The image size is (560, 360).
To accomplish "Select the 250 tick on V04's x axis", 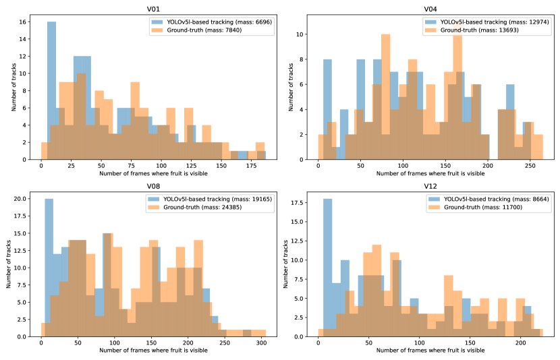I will click(x=530, y=165).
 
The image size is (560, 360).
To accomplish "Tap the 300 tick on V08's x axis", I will click(x=259, y=342).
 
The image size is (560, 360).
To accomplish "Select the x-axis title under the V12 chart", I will click(x=430, y=351).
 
